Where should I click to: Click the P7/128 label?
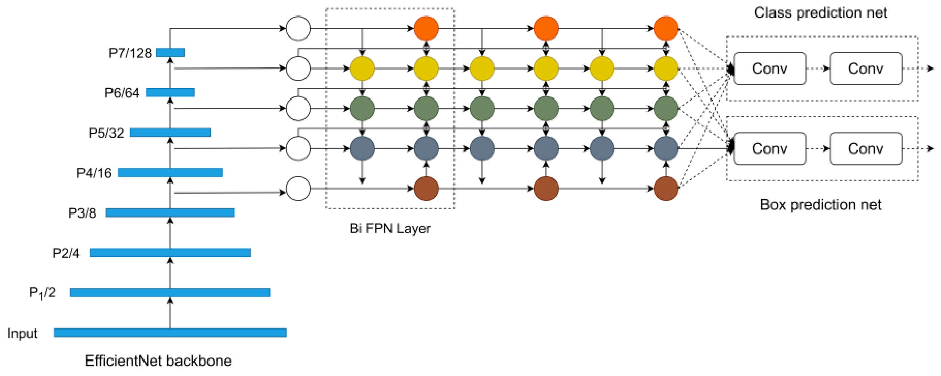(x=130, y=53)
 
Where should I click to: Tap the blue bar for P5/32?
(x=170, y=133)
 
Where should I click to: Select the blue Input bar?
(x=170, y=333)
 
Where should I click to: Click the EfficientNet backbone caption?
(x=158, y=361)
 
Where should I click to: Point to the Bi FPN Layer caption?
(x=390, y=228)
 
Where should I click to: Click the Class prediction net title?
(x=821, y=13)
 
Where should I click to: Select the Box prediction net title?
(x=821, y=205)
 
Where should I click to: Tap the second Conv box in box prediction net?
(x=865, y=149)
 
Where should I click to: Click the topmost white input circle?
(x=298, y=28)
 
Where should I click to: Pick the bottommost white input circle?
(x=298, y=189)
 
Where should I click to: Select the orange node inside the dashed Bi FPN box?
(x=426, y=28)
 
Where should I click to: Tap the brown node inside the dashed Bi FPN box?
(x=426, y=189)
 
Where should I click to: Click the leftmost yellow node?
(x=362, y=68)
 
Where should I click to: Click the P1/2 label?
(x=42, y=293)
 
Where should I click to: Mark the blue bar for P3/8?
(x=170, y=213)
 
